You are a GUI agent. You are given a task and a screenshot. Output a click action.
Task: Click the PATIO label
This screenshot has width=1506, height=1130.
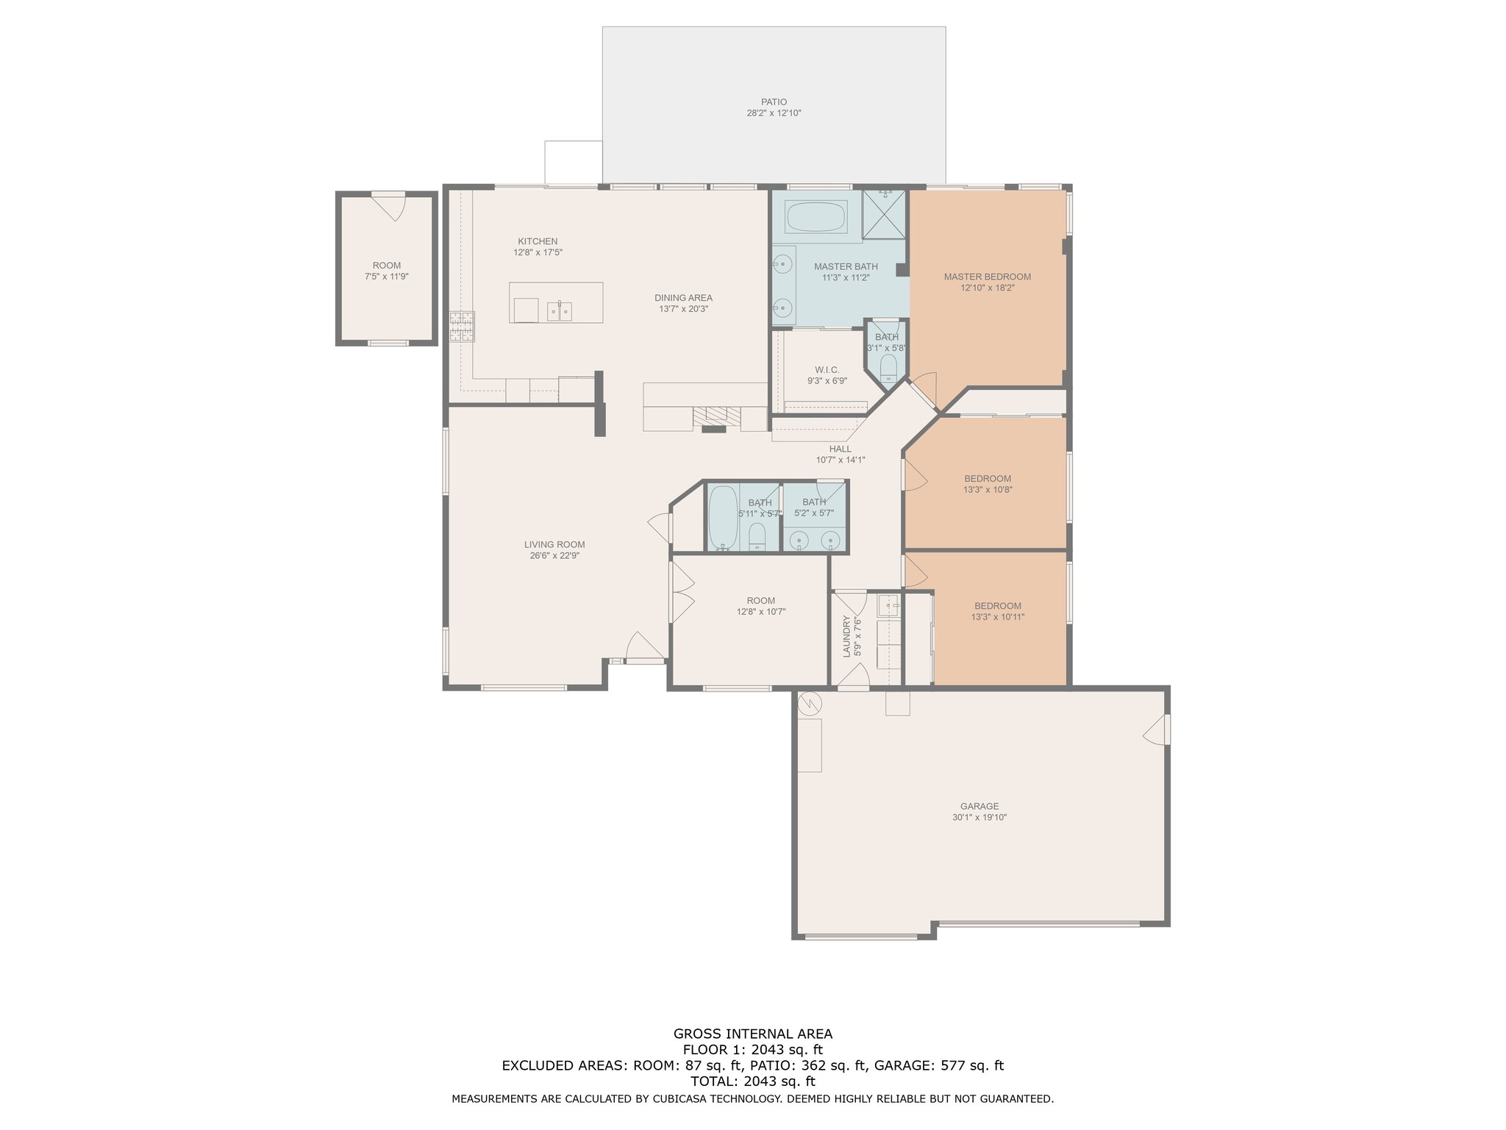click(x=774, y=102)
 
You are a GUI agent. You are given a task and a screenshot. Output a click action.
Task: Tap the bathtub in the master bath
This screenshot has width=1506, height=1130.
click(x=816, y=216)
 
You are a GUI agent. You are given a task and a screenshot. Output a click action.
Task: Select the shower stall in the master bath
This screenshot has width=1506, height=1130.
click(x=884, y=214)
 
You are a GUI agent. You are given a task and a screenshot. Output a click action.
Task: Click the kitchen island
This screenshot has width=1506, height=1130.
click(x=556, y=302)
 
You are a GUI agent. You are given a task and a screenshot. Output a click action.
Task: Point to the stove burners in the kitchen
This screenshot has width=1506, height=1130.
click(x=463, y=327)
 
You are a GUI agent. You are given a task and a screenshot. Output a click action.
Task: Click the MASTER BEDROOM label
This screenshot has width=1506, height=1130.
click(x=988, y=277)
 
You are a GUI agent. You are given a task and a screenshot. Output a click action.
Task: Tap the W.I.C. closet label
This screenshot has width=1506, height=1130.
click(x=827, y=370)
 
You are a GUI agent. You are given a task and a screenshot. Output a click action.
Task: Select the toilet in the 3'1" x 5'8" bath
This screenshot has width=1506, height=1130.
click(x=888, y=369)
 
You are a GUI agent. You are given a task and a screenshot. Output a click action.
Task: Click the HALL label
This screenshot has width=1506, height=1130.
click(x=841, y=449)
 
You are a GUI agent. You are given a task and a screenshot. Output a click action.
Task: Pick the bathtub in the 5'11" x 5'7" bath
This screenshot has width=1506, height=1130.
click(x=722, y=517)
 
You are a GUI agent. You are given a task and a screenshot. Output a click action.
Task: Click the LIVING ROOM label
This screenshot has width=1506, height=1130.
click(x=554, y=545)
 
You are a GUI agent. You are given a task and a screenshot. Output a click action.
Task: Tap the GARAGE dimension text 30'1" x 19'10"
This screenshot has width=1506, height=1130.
click(x=979, y=817)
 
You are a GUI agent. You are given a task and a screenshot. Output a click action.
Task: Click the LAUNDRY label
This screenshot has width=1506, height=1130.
click(x=846, y=636)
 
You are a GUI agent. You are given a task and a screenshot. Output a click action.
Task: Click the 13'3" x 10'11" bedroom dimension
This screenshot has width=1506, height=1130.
click(x=998, y=617)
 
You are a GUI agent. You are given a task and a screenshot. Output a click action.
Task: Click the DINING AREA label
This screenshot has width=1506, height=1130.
click(x=683, y=298)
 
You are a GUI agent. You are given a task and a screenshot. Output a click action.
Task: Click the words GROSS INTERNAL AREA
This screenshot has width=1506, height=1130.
click(x=753, y=1034)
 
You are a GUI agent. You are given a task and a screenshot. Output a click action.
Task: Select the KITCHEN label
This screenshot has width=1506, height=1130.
click(x=538, y=241)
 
